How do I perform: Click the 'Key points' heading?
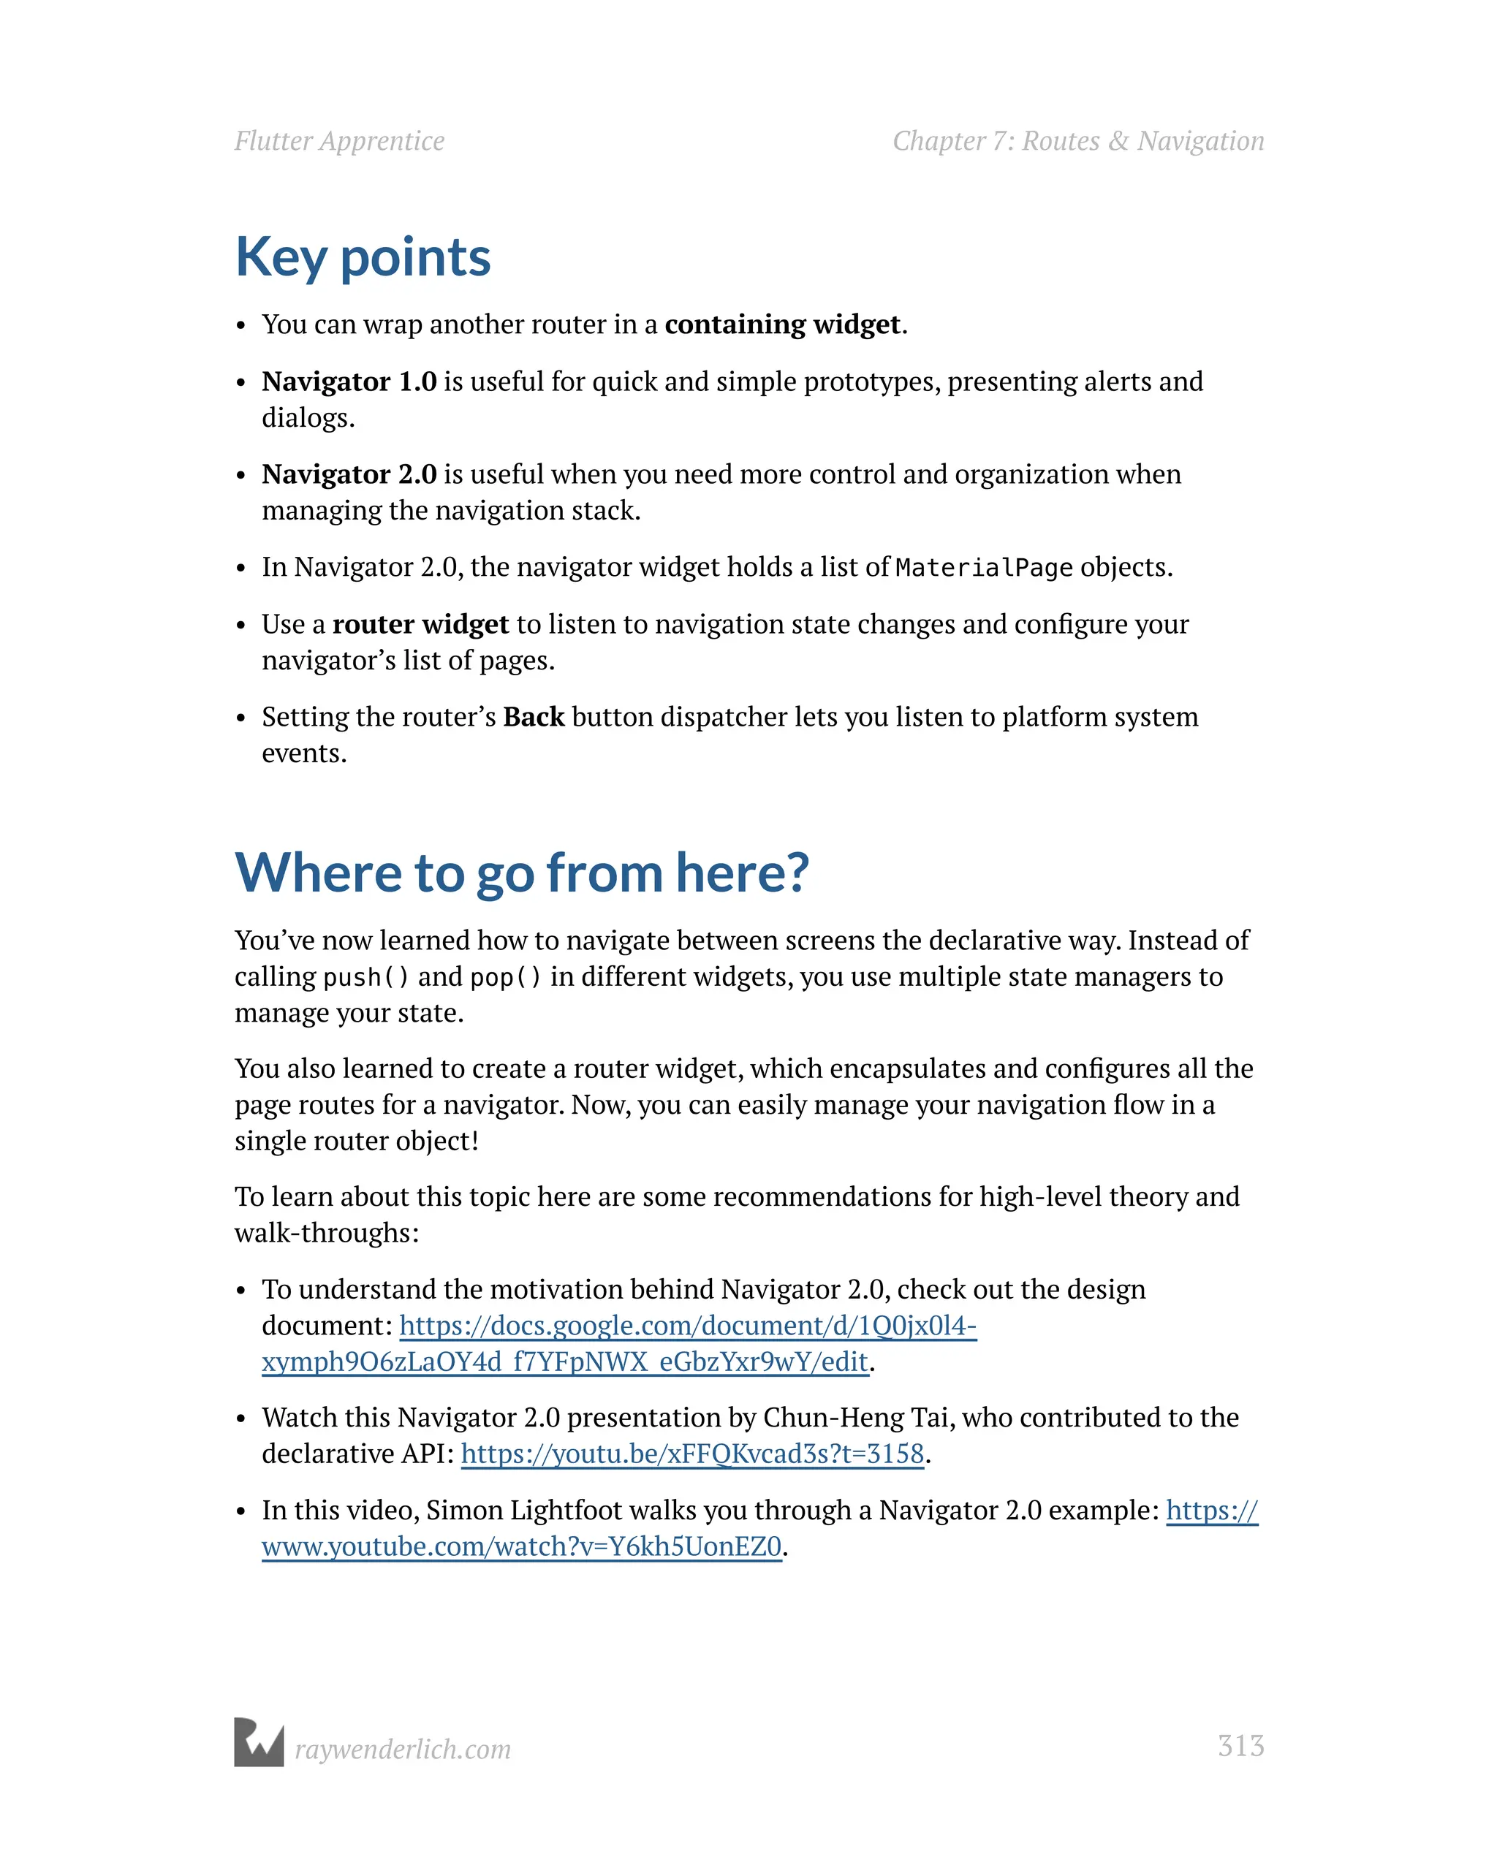coord(363,258)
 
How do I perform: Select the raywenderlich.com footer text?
coord(402,1749)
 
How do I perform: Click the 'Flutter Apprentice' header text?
coord(339,141)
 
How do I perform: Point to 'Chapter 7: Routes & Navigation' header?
coord(1078,141)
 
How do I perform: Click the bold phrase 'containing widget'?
coord(782,324)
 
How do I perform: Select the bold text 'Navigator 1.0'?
coord(349,381)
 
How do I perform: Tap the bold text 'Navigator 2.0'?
coord(349,474)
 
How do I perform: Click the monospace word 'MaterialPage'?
coord(984,569)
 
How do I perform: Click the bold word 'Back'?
coord(533,717)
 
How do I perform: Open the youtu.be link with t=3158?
coord(692,1454)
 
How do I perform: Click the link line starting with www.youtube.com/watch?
coord(522,1546)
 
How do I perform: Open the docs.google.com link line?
coord(688,1325)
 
